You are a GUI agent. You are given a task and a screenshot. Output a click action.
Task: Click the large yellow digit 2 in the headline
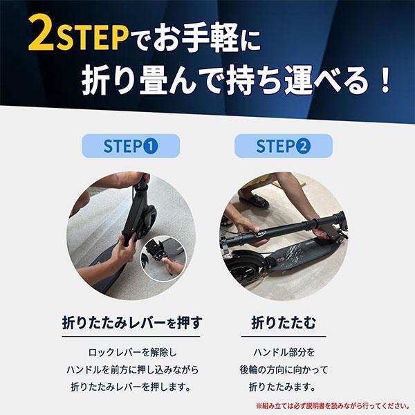[x=41, y=33]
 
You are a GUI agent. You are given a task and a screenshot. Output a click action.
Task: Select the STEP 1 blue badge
[x=131, y=146]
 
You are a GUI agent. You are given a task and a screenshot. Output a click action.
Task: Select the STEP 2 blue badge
[x=284, y=146]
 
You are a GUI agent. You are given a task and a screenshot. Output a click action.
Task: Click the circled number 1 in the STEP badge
[x=151, y=147]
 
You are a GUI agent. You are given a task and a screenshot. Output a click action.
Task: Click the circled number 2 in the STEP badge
[x=304, y=147]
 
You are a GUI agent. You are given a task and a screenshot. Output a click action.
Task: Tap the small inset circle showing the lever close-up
[x=163, y=259]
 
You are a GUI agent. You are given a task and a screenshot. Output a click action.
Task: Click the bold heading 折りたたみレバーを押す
[x=132, y=322]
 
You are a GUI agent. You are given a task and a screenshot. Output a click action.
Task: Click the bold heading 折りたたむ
[x=284, y=322]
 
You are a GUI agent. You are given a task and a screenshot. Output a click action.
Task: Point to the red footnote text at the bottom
[x=333, y=406]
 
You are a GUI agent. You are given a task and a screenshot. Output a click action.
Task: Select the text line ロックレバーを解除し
[x=132, y=353]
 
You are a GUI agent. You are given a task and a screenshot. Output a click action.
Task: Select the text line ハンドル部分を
[x=284, y=353]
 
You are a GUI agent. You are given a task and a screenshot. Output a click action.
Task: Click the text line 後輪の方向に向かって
[x=284, y=370]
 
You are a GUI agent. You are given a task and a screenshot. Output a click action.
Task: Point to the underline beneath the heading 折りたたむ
[x=284, y=337]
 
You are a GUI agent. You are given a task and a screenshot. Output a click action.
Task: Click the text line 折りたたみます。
[x=282, y=387]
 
